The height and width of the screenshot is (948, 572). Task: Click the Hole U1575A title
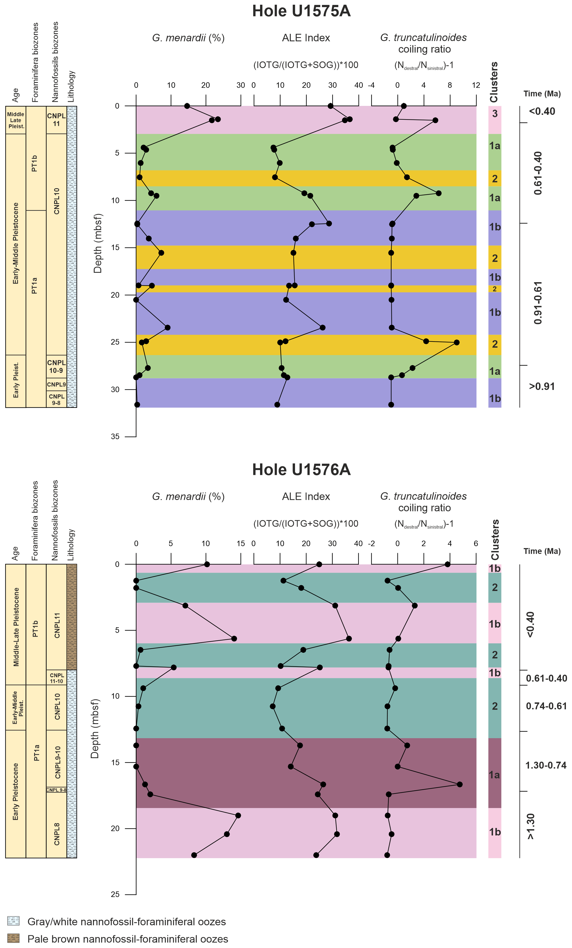pos(301,11)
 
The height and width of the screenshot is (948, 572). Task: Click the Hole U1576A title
pos(301,470)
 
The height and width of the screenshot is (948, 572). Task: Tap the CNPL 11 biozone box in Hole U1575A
pos(56,120)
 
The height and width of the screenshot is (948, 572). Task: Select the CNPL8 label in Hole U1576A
pos(57,834)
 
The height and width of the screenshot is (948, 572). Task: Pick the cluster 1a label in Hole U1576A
pos(495,775)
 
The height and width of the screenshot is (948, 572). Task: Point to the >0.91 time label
pos(541,386)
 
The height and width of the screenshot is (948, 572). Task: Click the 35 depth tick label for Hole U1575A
pos(115,437)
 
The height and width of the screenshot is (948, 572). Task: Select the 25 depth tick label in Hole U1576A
pos(115,895)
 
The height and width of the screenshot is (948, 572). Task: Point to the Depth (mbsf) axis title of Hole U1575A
pos(98,243)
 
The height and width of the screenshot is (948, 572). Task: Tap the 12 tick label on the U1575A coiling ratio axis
pos(476,85)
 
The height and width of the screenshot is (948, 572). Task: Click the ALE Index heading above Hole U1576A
pos(306,496)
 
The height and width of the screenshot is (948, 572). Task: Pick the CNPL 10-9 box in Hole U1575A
pos(56,367)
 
